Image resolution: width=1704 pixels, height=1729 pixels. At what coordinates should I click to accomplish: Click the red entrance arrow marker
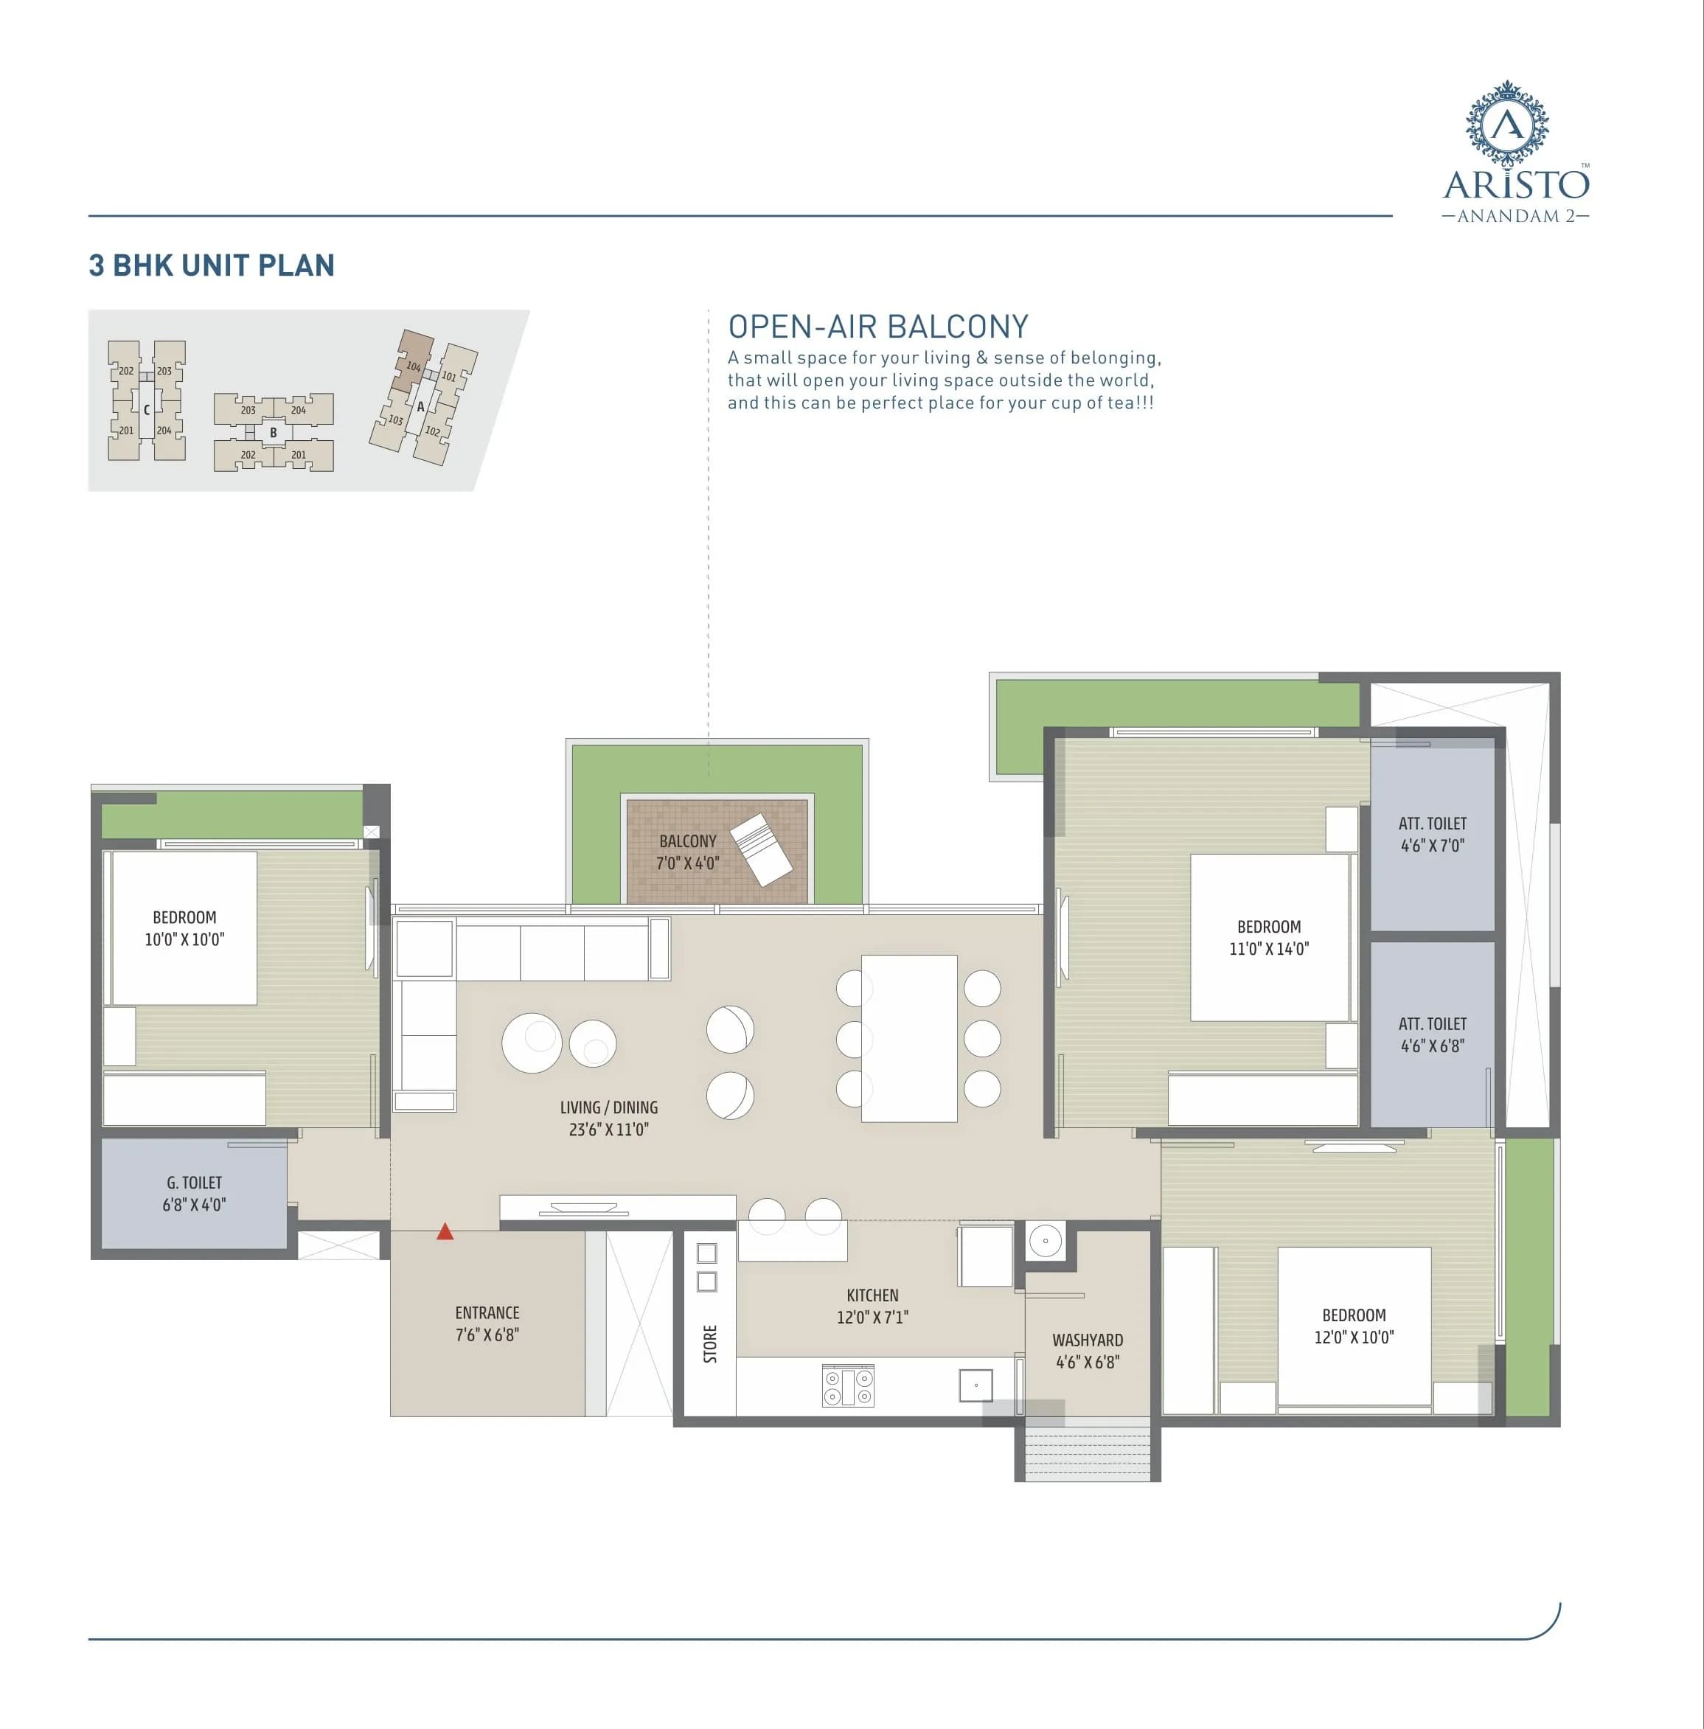click(x=445, y=1232)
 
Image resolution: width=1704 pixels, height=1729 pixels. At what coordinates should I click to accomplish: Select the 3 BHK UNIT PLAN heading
click(x=211, y=265)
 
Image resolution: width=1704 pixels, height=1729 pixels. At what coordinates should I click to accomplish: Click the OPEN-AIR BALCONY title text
click(x=878, y=327)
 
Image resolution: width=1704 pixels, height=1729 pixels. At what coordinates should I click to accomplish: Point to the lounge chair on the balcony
click(x=762, y=849)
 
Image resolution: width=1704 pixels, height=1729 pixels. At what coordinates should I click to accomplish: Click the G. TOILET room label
click(x=194, y=1193)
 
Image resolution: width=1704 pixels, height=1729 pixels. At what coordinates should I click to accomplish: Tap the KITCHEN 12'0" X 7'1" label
click(x=872, y=1306)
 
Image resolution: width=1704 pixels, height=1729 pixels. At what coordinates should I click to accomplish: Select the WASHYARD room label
click(x=1088, y=1351)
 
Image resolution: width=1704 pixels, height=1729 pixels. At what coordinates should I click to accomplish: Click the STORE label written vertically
click(x=711, y=1344)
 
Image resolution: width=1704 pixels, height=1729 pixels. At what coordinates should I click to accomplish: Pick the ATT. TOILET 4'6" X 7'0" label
click(x=1432, y=834)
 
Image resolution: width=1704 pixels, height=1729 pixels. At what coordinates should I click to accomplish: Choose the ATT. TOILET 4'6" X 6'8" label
click(x=1432, y=1034)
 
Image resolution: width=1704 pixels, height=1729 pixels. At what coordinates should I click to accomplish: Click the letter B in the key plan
click(x=274, y=432)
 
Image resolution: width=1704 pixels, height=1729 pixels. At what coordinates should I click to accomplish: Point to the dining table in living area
click(x=908, y=1038)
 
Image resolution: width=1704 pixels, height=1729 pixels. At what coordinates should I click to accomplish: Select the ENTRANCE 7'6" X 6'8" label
click(x=487, y=1323)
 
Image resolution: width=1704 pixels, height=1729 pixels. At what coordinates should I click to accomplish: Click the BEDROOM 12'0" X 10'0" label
click(x=1353, y=1326)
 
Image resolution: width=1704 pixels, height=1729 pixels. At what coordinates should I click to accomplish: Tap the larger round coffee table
click(x=532, y=1043)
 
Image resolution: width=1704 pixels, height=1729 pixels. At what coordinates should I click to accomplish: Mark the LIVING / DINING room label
click(x=608, y=1118)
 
